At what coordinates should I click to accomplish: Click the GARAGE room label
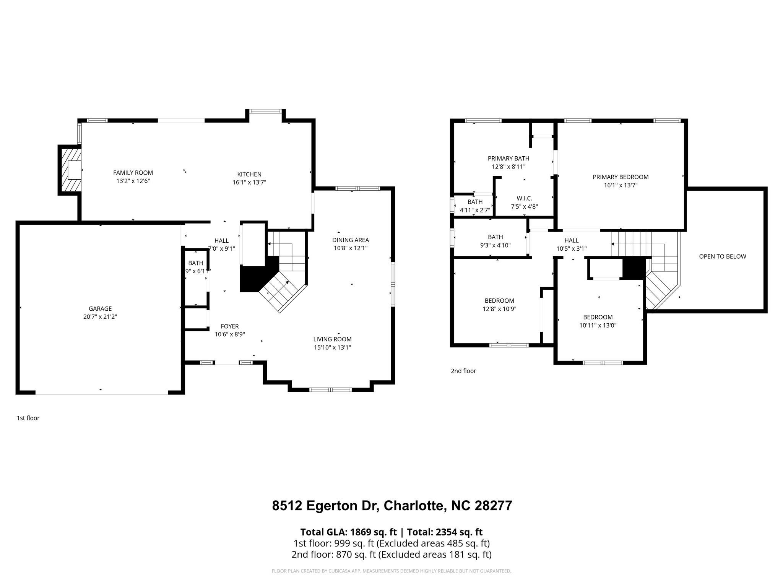(x=100, y=309)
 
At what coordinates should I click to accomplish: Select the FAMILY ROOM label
(x=133, y=173)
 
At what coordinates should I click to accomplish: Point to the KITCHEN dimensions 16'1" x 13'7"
(x=249, y=183)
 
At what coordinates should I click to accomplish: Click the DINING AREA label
(x=350, y=240)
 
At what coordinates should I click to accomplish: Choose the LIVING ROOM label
(x=332, y=339)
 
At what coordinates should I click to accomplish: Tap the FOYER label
(x=229, y=326)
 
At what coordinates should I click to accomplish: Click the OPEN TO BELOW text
(x=722, y=256)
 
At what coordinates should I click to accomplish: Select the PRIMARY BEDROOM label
(x=621, y=177)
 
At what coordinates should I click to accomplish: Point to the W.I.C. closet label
(x=524, y=198)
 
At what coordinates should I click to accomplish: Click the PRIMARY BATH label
(x=508, y=158)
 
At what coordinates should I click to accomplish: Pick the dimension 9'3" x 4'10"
(x=495, y=245)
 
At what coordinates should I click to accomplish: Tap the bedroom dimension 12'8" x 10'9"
(x=499, y=309)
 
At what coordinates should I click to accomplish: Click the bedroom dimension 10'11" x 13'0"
(x=598, y=326)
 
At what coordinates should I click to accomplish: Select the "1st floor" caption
(x=28, y=418)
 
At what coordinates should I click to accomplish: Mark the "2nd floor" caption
(x=463, y=371)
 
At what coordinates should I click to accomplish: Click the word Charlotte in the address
(x=414, y=506)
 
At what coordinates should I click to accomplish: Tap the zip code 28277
(x=493, y=506)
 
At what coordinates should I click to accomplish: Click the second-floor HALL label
(x=571, y=240)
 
